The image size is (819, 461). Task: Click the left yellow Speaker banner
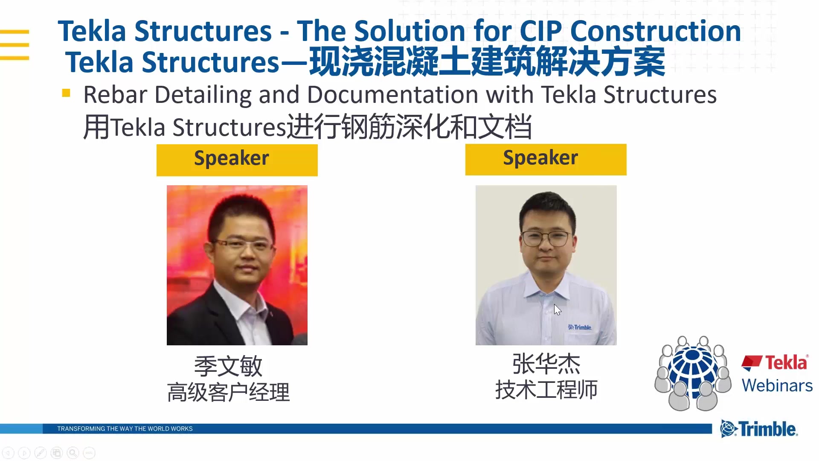[237, 160]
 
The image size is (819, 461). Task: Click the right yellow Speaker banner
[546, 159]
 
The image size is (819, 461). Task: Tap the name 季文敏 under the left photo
[228, 366]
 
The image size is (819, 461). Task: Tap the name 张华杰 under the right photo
[546, 364]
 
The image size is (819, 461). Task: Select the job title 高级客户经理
[228, 392]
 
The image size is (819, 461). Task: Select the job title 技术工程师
[546, 390]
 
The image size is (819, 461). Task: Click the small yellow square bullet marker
[66, 93]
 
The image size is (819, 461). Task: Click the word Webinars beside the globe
[777, 385]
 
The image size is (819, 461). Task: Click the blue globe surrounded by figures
[693, 371]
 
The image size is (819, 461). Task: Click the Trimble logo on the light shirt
[580, 327]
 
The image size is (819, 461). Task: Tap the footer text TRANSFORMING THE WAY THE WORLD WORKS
[125, 429]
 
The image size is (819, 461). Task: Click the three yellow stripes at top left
[15, 44]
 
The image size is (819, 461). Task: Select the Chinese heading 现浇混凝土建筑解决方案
[486, 62]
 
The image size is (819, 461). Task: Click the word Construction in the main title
[655, 31]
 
